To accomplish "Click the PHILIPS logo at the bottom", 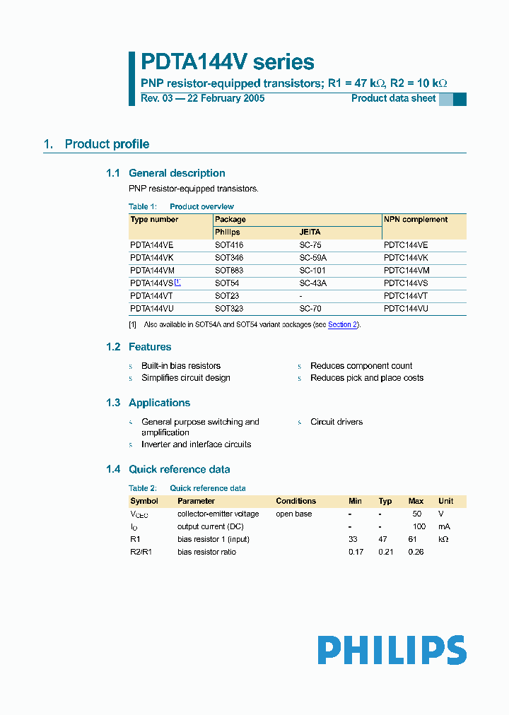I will coord(392,650).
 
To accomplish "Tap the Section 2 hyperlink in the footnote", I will coord(343,324).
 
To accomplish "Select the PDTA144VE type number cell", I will coord(152,244).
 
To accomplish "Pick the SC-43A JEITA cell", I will coord(313,283).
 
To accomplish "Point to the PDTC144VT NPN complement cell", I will coord(406,296).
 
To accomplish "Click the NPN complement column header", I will coord(416,220).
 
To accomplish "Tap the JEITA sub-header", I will coord(310,232).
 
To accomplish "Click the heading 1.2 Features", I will coord(139,347).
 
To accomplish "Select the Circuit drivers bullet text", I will coord(337,422).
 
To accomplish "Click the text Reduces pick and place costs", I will coord(367,378).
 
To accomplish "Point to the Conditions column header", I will coord(296,501).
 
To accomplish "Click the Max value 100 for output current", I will coord(419,526).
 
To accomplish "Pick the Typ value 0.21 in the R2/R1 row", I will coord(385,552).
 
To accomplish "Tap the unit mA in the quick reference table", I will coord(444,526).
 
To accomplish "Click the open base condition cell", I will coord(293,514).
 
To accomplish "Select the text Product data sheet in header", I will coord(394,98).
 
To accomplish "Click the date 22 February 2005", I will coord(226,98).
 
